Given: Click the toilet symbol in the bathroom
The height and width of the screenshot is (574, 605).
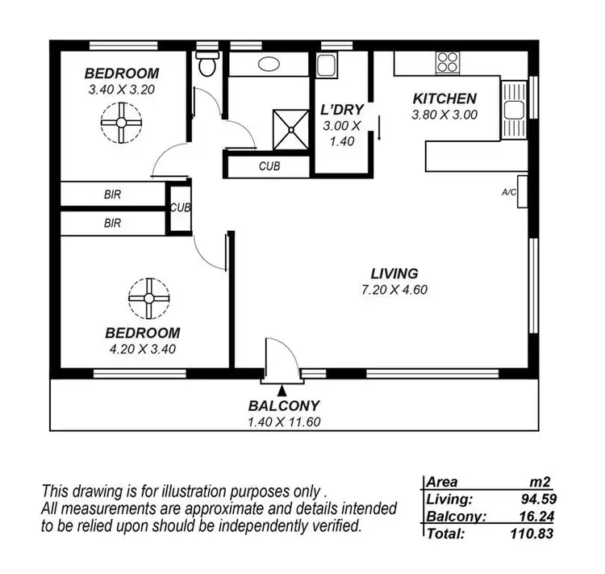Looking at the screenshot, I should pyautogui.click(x=207, y=65).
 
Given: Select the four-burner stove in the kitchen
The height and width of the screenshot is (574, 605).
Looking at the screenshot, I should pyautogui.click(x=448, y=62).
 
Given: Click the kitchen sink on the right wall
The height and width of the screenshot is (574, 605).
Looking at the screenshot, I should pyautogui.click(x=513, y=108).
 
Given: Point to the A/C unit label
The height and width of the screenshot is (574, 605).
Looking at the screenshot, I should pyautogui.click(x=510, y=192).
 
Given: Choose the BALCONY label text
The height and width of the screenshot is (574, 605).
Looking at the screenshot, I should pyautogui.click(x=284, y=406).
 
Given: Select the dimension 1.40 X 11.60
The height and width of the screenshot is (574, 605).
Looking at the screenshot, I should pyautogui.click(x=284, y=421).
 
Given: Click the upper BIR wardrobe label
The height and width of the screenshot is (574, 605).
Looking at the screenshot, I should pyautogui.click(x=112, y=195).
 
